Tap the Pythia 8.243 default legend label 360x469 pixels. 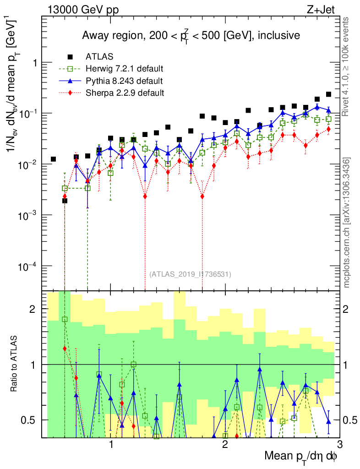[x=124, y=81]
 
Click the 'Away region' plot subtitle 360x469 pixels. [x=191, y=36]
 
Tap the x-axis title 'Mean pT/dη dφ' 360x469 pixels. [x=301, y=456]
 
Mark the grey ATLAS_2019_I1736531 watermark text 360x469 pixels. [x=190, y=274]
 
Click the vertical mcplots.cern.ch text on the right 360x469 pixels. [x=348, y=222]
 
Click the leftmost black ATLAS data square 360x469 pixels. [x=54, y=159]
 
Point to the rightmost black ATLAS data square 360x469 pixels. [x=328, y=94]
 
